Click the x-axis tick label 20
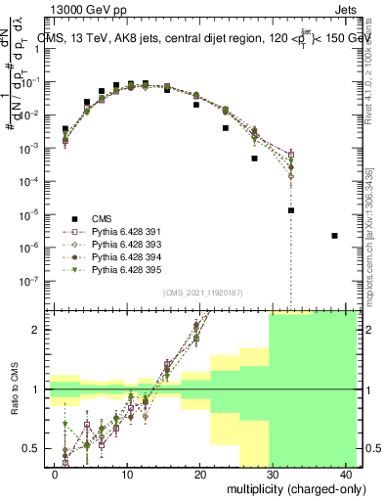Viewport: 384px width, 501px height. [x=200, y=473]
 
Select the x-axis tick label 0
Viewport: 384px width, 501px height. [x=55, y=473]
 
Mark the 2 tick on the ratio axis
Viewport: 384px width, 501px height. [x=37, y=330]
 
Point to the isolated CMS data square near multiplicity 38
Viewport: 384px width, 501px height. [x=334, y=236]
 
